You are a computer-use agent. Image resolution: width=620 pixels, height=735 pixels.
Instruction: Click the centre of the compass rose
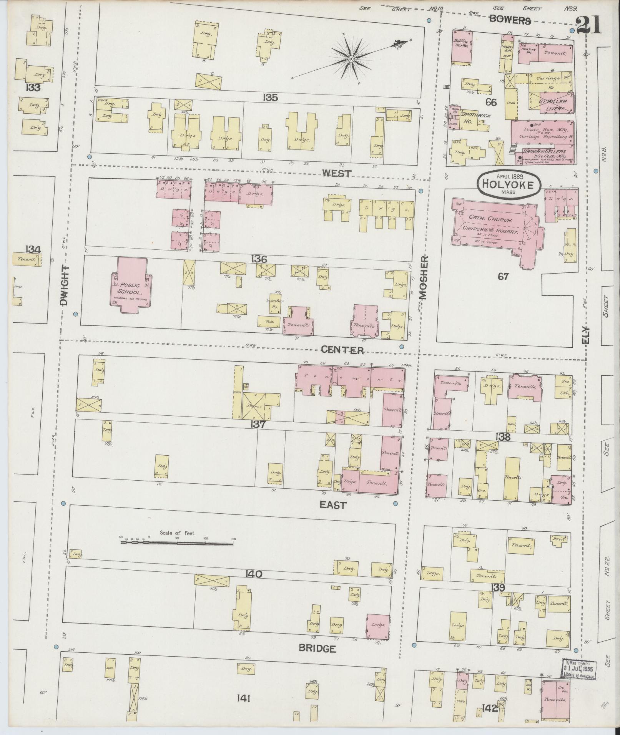click(351, 58)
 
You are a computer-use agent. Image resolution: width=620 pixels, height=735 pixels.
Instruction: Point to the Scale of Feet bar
click(177, 543)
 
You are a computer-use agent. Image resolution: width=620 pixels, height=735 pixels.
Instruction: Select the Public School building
click(131, 285)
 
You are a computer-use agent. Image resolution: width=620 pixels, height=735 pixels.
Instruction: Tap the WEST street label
click(336, 173)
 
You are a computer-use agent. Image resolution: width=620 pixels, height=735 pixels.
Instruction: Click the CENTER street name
click(342, 350)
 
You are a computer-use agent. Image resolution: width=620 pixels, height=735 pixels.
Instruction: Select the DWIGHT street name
click(64, 285)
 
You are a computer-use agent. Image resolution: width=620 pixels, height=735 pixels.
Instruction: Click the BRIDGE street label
click(317, 649)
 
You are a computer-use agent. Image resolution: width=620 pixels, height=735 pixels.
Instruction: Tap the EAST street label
click(333, 505)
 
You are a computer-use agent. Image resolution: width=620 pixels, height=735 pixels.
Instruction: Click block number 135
click(270, 98)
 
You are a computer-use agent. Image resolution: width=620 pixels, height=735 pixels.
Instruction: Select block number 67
click(503, 276)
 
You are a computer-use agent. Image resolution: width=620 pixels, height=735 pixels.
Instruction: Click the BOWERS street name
click(510, 20)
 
